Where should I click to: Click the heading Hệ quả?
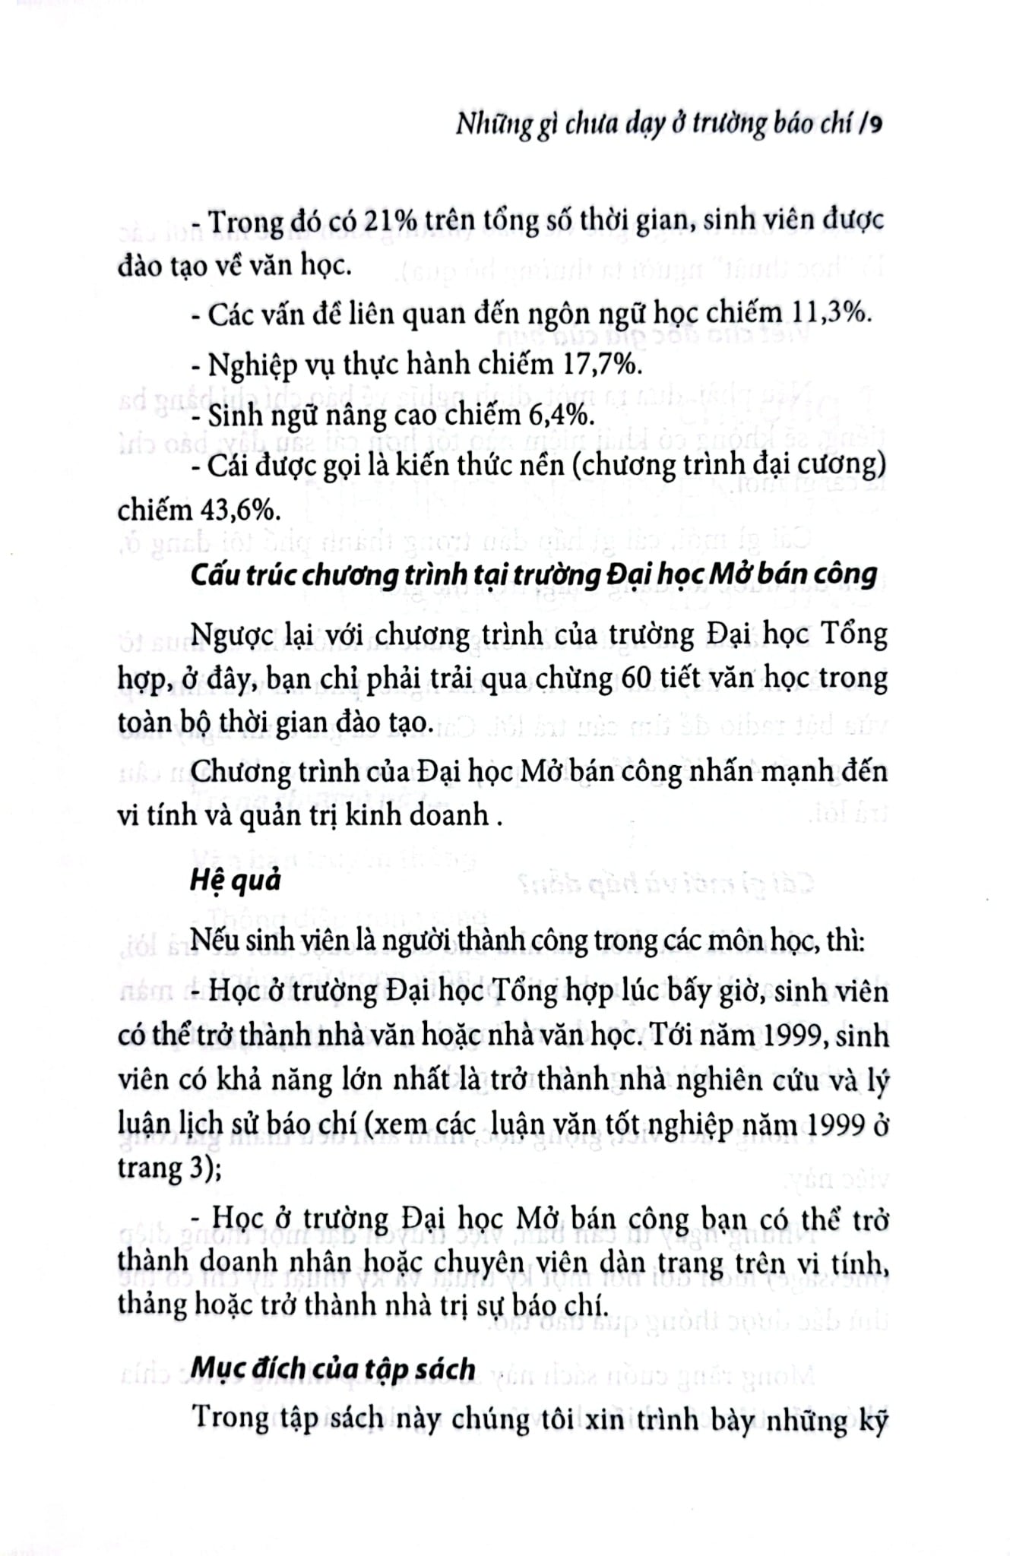click(x=236, y=880)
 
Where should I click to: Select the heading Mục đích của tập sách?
click(x=333, y=1368)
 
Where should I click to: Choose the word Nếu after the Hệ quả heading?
click(x=215, y=943)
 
